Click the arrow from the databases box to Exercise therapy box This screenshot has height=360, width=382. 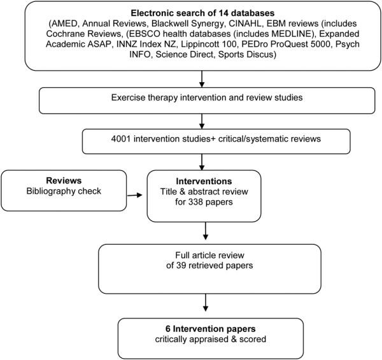tap(201, 78)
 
